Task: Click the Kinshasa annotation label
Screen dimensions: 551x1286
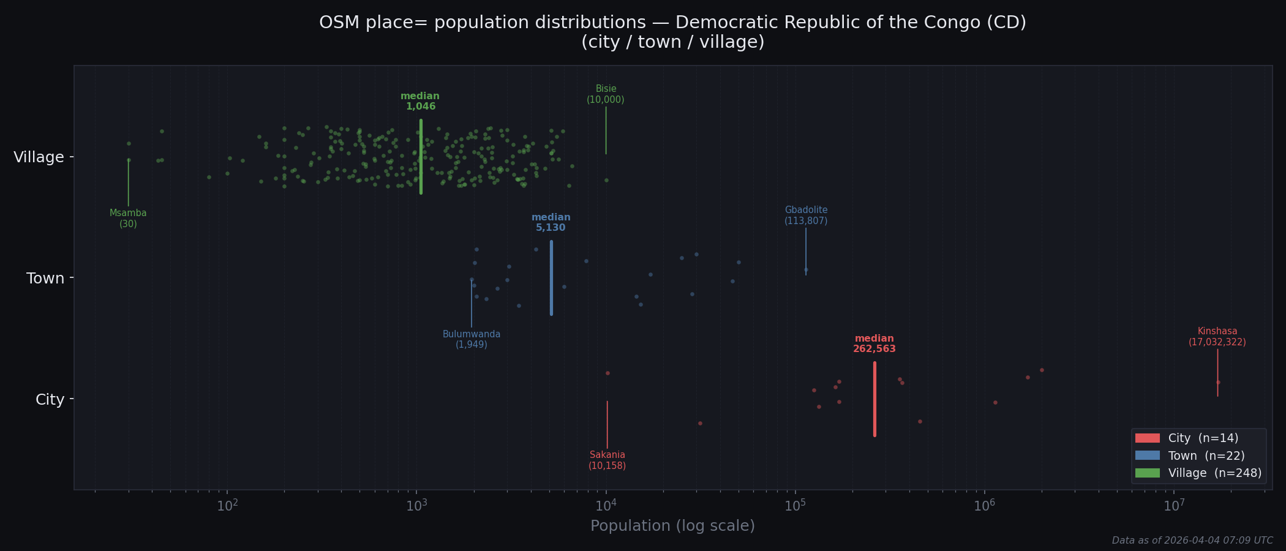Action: coord(1217,337)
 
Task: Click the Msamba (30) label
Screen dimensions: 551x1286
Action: coord(128,219)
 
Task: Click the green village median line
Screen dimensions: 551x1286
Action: coord(421,157)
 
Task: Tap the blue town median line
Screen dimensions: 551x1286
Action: coord(551,278)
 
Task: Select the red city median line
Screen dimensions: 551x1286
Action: coord(874,399)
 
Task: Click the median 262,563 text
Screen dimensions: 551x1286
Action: coord(874,344)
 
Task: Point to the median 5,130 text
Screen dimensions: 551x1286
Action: coord(551,223)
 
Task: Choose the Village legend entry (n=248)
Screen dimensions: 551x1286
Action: coord(1197,473)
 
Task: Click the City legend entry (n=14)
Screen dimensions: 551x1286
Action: coord(1186,438)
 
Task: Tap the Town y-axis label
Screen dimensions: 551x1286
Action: coord(45,279)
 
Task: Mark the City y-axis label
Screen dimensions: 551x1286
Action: coord(50,400)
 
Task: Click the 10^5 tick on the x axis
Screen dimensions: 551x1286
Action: coord(795,506)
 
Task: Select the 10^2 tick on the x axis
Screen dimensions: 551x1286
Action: coord(227,506)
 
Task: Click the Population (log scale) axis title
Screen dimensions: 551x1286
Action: coord(672,526)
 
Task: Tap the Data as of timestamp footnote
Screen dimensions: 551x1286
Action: coord(1192,541)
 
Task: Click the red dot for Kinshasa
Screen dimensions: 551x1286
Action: coord(1218,382)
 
